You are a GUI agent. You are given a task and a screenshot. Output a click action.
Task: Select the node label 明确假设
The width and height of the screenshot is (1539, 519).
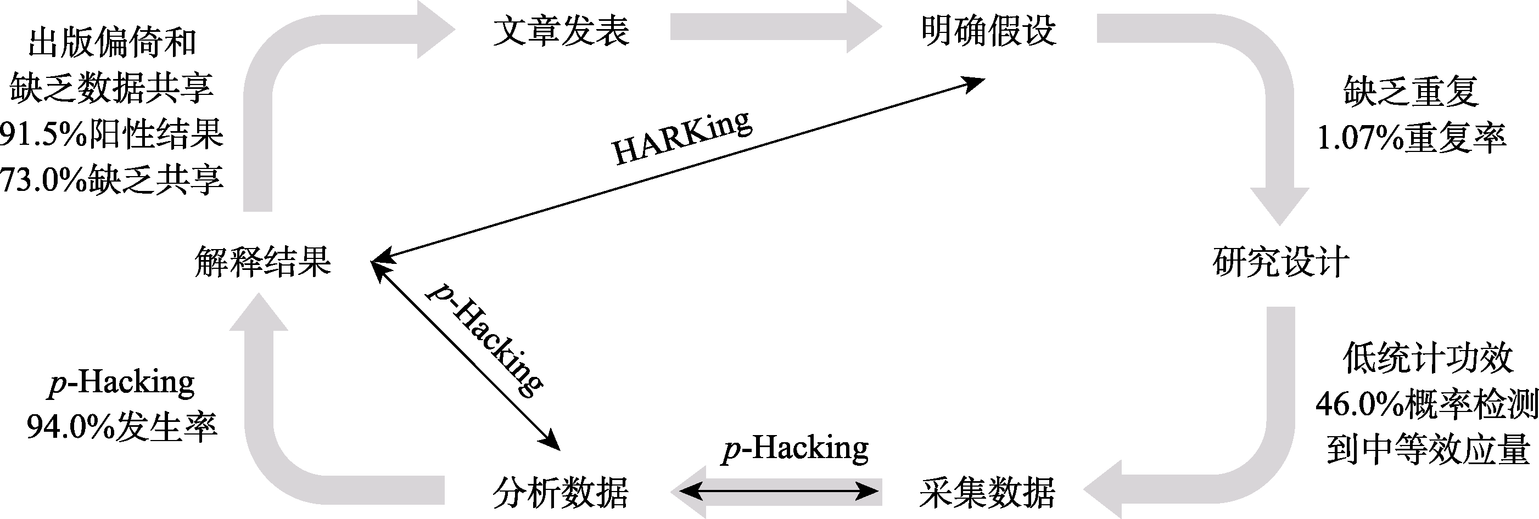click(x=988, y=31)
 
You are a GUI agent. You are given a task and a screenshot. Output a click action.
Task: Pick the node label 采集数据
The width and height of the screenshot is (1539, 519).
click(x=987, y=493)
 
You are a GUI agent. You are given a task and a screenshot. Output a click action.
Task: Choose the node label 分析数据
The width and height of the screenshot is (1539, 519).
click(x=561, y=493)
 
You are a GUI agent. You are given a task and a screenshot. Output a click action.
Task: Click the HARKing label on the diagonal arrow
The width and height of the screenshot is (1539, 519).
click(x=681, y=139)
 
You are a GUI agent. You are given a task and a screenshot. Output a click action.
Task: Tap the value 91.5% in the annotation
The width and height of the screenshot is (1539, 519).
click(x=43, y=135)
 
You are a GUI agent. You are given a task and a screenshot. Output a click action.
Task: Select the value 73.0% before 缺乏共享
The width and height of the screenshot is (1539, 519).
click(x=43, y=179)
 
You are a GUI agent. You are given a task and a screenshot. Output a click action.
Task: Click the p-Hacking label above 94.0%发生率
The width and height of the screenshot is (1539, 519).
click(x=121, y=383)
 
